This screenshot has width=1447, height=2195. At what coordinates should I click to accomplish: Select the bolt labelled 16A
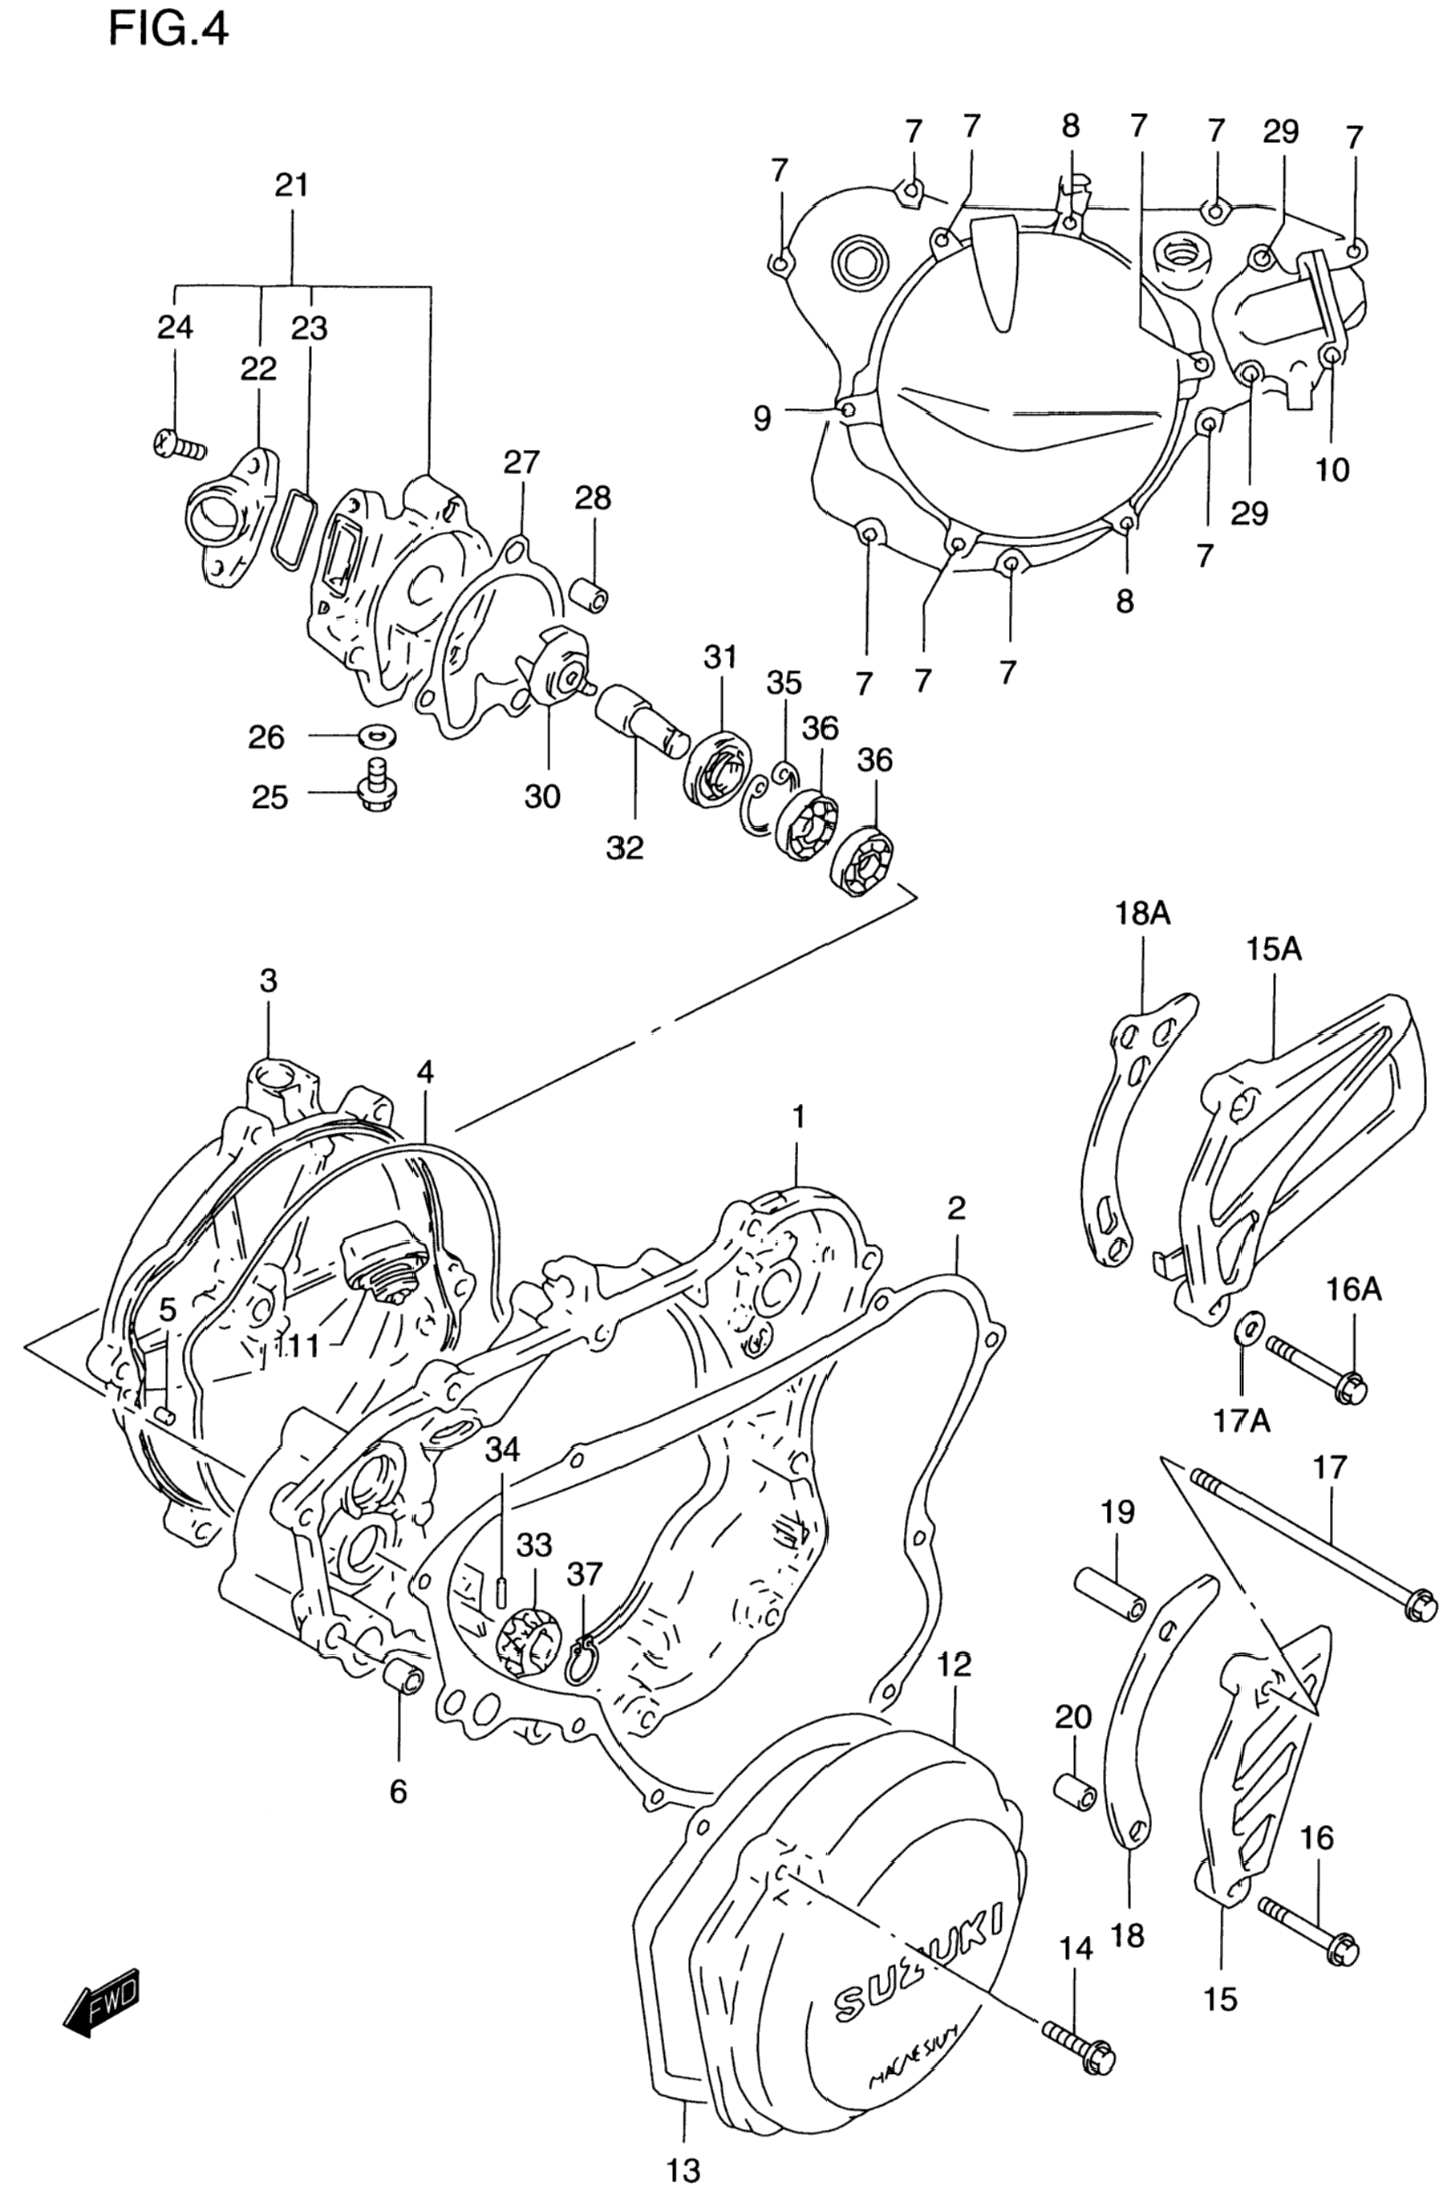click(1317, 1367)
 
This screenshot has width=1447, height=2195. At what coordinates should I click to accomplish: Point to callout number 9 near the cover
click(761, 419)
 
